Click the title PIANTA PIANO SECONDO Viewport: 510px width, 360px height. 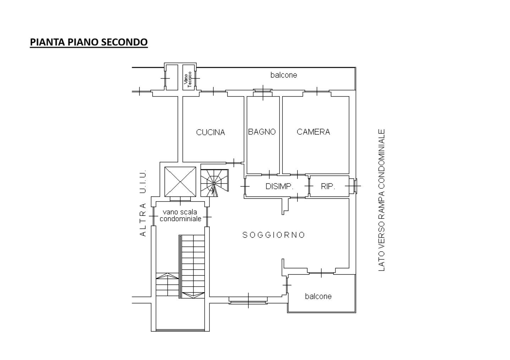tap(89, 42)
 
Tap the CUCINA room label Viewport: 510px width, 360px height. tap(210, 132)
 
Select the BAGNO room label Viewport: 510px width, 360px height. tap(262, 132)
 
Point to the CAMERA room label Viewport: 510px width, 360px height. tap(313, 132)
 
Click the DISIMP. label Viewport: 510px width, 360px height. tap(279, 186)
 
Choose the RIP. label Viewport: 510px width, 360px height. tap(328, 186)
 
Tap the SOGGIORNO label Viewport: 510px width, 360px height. tap(274, 235)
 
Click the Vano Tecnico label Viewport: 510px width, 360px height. tap(188, 80)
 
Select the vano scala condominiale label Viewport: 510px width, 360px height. tap(180, 216)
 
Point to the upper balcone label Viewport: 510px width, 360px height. tap(284, 75)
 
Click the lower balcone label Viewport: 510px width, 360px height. tap(318, 296)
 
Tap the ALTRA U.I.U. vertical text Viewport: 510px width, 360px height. tap(143, 203)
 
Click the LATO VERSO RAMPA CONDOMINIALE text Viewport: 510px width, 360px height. tap(382, 200)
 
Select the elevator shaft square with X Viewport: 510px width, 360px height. tap(180, 182)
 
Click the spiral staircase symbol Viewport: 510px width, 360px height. tap(214, 183)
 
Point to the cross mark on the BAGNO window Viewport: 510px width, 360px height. tap(263, 93)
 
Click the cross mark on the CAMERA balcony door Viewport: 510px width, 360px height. tap(317, 91)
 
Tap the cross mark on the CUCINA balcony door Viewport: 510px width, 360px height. tap(213, 91)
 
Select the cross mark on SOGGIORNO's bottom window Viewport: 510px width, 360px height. tap(248, 300)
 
